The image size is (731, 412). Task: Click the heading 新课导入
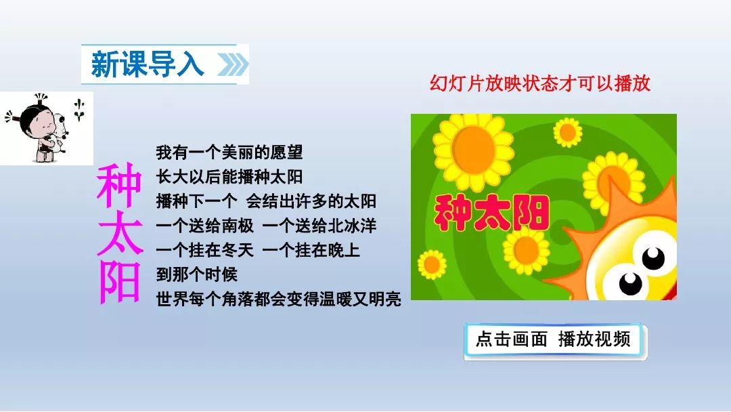click(x=148, y=64)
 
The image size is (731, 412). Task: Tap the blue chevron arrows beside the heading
click(x=233, y=64)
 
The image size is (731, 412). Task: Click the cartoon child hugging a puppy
click(x=43, y=128)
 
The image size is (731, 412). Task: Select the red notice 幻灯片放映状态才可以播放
click(x=540, y=83)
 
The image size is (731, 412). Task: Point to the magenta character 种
click(x=119, y=185)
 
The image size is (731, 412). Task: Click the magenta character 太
click(x=119, y=233)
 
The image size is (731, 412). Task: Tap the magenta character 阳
click(x=119, y=281)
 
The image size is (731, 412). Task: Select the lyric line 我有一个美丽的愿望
click(x=229, y=152)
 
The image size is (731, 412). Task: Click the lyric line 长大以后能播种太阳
click(x=229, y=177)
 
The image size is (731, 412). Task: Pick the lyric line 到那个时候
click(x=197, y=274)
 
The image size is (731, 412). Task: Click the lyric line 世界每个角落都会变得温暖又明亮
click(x=278, y=299)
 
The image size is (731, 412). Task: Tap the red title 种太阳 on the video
click(x=491, y=213)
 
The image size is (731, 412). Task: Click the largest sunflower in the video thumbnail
click(x=473, y=150)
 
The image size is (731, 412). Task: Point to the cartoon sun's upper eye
click(x=654, y=257)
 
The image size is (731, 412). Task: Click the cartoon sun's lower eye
click(x=630, y=284)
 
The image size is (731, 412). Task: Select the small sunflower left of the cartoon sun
click(x=526, y=250)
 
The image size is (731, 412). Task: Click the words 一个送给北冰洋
click(x=319, y=226)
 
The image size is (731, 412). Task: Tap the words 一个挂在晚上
click(x=311, y=250)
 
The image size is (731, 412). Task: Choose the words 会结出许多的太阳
click(x=311, y=201)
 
